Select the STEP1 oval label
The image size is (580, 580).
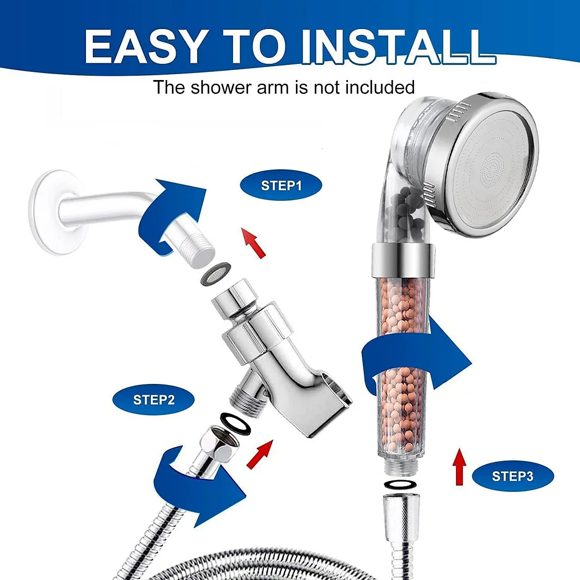pyautogui.click(x=281, y=186)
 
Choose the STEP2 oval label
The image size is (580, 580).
pyautogui.click(x=153, y=399)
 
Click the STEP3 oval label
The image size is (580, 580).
pyautogui.click(x=513, y=476)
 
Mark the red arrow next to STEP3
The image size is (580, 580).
pyautogui.click(x=459, y=467)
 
